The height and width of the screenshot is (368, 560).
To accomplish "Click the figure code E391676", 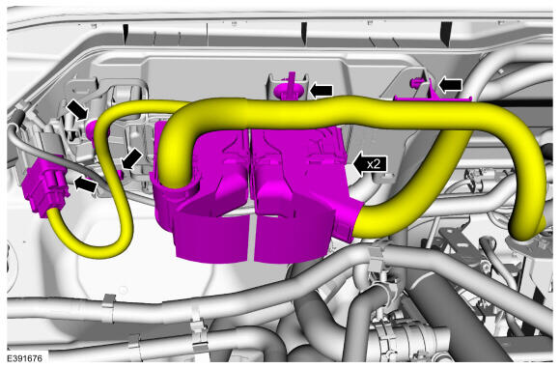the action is (x=24, y=358).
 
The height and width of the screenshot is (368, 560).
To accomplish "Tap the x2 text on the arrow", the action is (x=374, y=164).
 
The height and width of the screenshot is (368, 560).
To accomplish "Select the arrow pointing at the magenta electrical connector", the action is (x=85, y=184).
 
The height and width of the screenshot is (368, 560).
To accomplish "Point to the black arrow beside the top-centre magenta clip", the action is (x=322, y=91).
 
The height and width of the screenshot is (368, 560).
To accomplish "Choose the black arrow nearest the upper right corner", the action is (x=450, y=85).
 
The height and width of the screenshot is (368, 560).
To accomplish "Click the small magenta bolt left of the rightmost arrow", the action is (x=414, y=84).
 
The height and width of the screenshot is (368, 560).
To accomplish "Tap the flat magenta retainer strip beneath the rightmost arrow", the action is (x=433, y=98).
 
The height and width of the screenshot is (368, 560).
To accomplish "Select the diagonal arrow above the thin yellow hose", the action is (x=77, y=110).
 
